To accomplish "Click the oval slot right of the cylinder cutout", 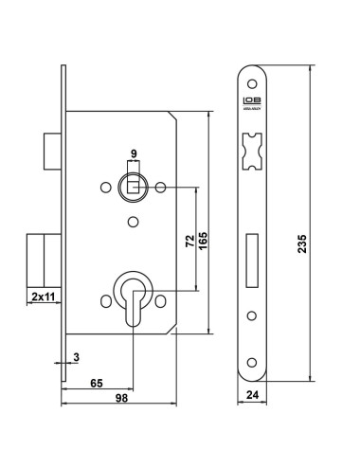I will pyautogui.click(x=167, y=299).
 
